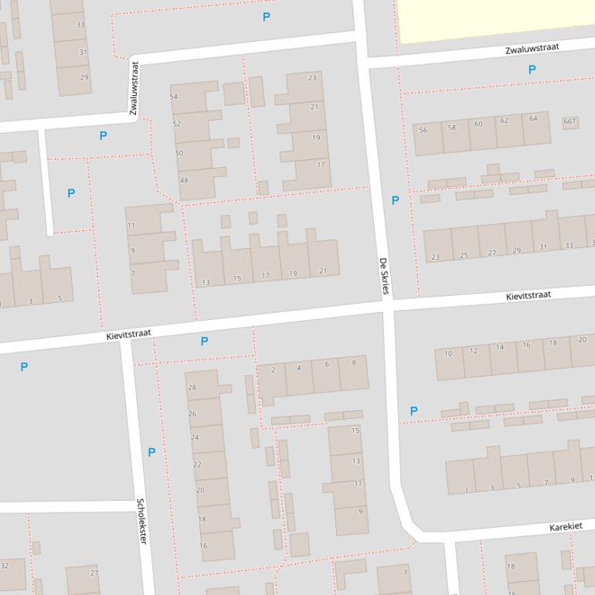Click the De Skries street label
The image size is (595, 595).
384,277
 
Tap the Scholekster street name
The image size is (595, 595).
142,520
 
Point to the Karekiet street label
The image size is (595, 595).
566,526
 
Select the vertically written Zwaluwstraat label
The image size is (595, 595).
134,89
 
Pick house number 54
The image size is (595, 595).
173,97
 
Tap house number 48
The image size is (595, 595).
184,180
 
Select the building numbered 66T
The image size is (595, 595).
570,121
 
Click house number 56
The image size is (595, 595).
423,130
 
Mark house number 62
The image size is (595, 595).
504,121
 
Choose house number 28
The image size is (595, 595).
192,387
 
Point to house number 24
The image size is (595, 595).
195,437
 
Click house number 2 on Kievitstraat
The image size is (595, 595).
273,370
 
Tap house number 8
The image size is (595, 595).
354,362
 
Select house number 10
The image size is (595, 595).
448,354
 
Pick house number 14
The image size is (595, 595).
500,348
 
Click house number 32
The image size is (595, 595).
5,566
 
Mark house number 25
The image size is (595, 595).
464,255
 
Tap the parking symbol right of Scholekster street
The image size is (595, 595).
151,452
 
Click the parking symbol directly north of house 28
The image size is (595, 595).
204,341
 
